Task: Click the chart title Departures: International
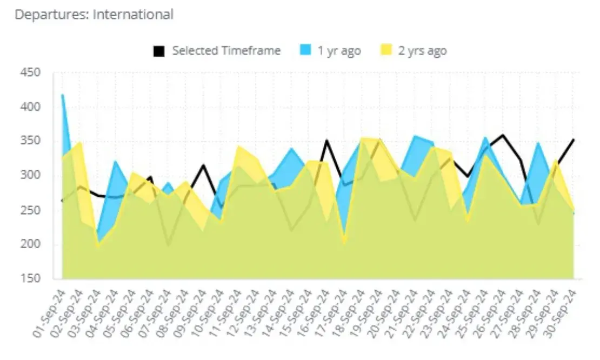94,15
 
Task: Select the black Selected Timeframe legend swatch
158,51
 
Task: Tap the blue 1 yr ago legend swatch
304,51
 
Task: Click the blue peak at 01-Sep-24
63,95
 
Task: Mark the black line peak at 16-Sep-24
326,141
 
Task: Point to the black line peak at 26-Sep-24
503,135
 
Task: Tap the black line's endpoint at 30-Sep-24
573,139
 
